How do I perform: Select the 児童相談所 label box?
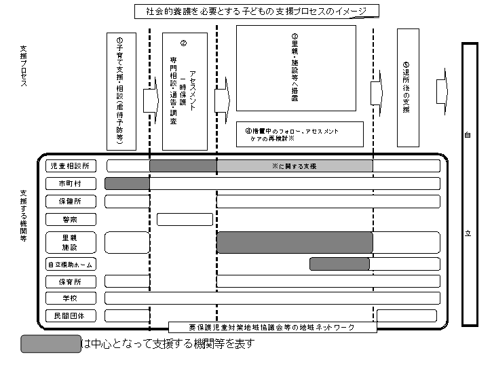[x=71, y=166]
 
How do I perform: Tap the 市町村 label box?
[x=71, y=184]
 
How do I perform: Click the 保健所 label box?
[x=71, y=201]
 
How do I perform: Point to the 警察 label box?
[x=71, y=219]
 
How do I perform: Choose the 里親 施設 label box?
[x=71, y=242]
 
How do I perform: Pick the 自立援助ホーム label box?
[x=71, y=265]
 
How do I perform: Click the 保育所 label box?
[x=71, y=282]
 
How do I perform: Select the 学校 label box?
[x=71, y=299]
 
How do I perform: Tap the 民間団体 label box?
[x=71, y=315]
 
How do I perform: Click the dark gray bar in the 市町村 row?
[x=127, y=183]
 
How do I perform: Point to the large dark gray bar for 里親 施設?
[x=295, y=242]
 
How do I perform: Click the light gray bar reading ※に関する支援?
[x=295, y=166]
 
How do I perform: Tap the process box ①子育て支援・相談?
[x=123, y=90]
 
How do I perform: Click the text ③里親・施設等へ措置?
[x=295, y=68]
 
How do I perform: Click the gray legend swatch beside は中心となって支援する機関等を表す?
[x=51, y=344]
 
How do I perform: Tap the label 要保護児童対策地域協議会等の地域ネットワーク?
[x=271, y=328]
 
